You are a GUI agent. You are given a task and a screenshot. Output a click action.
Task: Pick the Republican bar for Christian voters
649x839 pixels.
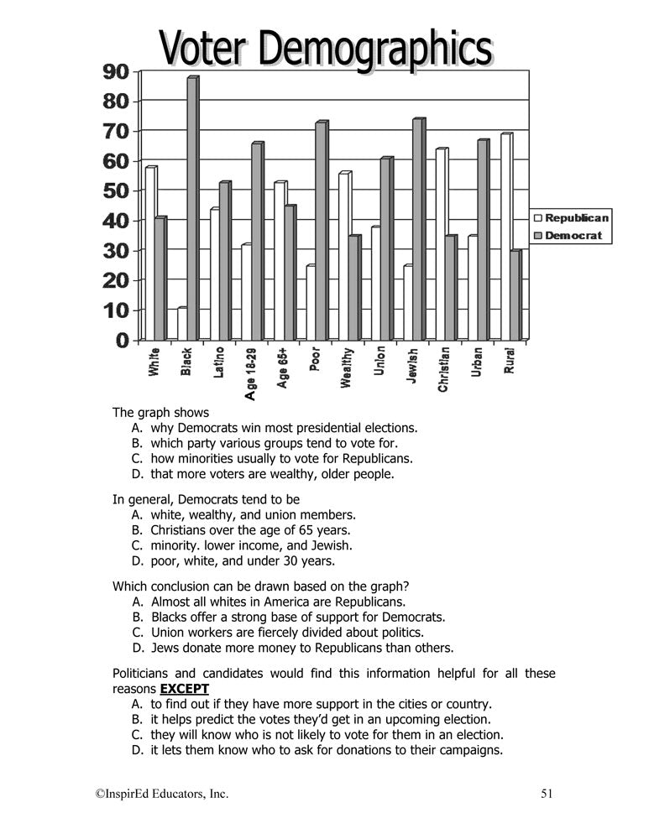click(x=441, y=244)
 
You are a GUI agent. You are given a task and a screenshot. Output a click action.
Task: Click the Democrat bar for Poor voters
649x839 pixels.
click(x=321, y=231)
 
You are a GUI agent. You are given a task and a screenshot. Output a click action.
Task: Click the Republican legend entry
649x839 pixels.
click(x=571, y=218)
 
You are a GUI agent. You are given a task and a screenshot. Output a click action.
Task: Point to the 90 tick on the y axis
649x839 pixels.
click(x=116, y=72)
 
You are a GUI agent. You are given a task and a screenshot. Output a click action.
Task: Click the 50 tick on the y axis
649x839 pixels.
click(x=116, y=191)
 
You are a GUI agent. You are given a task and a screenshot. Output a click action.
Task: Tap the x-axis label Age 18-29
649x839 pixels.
click(x=250, y=374)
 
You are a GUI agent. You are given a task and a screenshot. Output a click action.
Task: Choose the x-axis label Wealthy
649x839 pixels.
click(x=347, y=368)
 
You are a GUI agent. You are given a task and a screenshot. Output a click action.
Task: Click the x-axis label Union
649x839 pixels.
click(x=379, y=362)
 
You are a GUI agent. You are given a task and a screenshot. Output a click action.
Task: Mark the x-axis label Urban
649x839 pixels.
click(x=476, y=362)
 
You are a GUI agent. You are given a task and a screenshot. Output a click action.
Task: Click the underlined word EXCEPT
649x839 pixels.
click(x=185, y=689)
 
